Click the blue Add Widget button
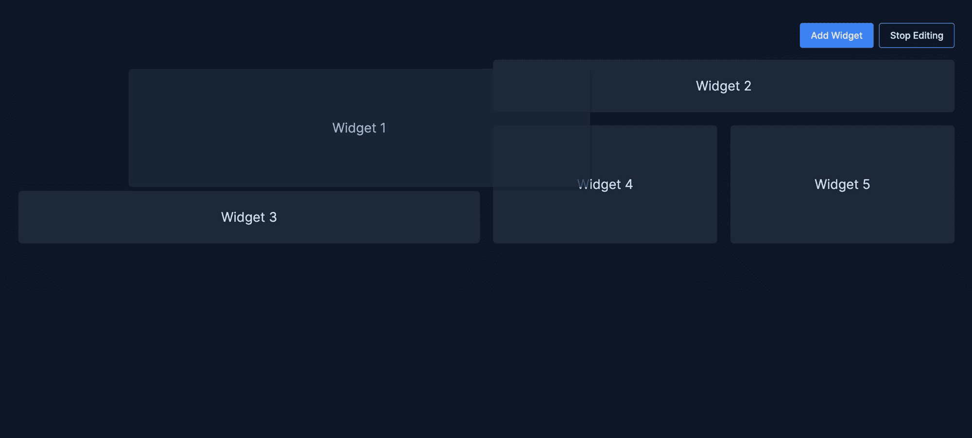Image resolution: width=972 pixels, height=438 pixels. click(836, 35)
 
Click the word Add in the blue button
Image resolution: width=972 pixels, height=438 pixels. click(819, 35)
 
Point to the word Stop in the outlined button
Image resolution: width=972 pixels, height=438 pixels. click(900, 36)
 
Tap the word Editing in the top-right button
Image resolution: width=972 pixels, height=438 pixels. click(928, 36)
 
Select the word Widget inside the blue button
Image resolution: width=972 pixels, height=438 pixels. click(847, 36)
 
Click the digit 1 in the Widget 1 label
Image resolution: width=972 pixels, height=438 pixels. click(383, 128)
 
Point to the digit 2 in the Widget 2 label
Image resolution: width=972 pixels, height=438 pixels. click(747, 86)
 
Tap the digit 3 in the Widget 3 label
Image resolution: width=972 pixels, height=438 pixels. click(273, 217)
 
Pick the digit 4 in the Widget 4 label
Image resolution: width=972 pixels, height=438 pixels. click(628, 184)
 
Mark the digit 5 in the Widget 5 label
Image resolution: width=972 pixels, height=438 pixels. click(866, 184)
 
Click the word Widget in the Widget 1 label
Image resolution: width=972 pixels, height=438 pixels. click(354, 128)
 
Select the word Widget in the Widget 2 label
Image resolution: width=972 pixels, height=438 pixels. click(718, 87)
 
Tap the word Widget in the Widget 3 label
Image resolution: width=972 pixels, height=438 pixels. click(243, 218)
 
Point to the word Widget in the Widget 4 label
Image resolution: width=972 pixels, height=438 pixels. click(599, 185)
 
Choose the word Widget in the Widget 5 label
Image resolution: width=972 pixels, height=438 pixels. click(836, 185)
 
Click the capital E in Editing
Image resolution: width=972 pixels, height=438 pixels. click(916, 35)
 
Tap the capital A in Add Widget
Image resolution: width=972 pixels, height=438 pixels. click(815, 35)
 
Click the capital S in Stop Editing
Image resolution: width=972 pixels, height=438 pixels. click(893, 35)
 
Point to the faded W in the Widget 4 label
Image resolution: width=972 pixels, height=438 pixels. click(583, 184)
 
